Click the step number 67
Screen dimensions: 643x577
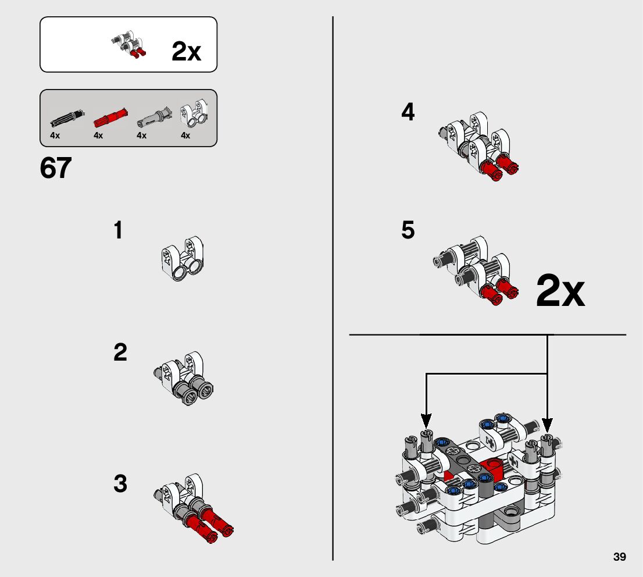pyautogui.click(x=56, y=168)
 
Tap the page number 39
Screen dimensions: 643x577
pyautogui.click(x=620, y=557)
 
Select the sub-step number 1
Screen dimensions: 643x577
pyautogui.click(x=118, y=230)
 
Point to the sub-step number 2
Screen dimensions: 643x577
pyautogui.click(x=120, y=352)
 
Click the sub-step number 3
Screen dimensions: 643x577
pyautogui.click(x=120, y=483)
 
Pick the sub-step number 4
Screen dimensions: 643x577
pyautogui.click(x=408, y=112)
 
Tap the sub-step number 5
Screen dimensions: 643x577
pyautogui.click(x=408, y=230)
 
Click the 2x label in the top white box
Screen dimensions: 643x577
pyautogui.click(x=186, y=51)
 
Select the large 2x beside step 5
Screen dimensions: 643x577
pyautogui.click(x=560, y=291)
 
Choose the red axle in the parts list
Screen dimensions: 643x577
pyautogui.click(x=110, y=117)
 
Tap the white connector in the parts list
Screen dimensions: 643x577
pyautogui.click(x=194, y=113)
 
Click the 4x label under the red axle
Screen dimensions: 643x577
pyautogui.click(x=98, y=136)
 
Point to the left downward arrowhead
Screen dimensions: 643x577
pyautogui.click(x=427, y=421)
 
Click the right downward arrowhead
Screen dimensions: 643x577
pyautogui.click(x=547, y=425)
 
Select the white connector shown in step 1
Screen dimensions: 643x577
pyautogui.click(x=182, y=258)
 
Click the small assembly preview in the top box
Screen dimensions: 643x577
pyautogui.click(x=128, y=44)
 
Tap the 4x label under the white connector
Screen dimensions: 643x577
pyautogui.click(x=185, y=136)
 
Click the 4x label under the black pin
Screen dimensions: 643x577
pyautogui.click(x=55, y=136)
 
